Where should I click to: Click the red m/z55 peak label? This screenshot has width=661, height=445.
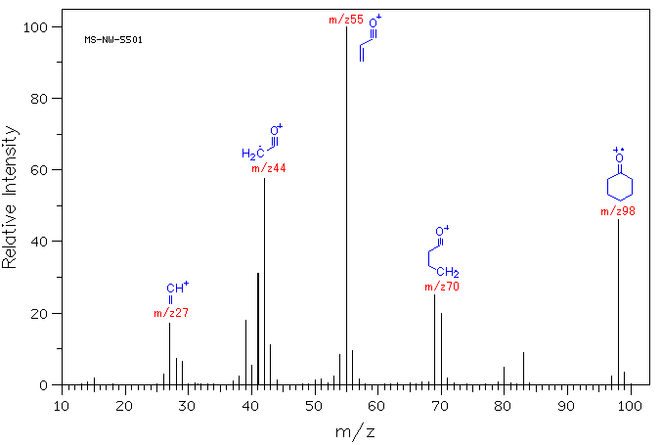point(347,20)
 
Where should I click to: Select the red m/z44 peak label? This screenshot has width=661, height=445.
point(269,168)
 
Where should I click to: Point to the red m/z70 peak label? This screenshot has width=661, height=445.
point(442,287)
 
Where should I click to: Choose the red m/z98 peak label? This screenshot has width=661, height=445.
point(618,211)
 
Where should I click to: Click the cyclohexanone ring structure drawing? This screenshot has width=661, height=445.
point(619,186)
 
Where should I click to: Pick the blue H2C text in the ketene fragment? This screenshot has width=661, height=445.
point(252,154)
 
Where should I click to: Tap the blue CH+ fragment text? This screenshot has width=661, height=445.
point(177,288)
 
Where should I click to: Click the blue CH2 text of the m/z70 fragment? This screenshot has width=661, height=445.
point(449,272)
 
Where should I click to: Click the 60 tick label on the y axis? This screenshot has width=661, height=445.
point(41,170)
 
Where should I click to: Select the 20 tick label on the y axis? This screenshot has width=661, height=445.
point(41,313)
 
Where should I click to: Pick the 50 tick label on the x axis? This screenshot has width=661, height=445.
point(314,403)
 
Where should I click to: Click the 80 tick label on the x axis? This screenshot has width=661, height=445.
point(504,403)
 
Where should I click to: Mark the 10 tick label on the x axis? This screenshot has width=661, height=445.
point(62,403)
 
